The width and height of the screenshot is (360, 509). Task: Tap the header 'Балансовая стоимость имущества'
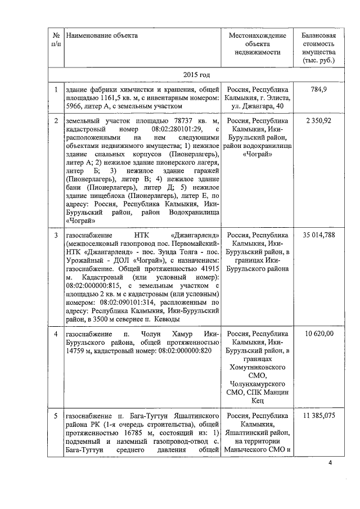point(318,47)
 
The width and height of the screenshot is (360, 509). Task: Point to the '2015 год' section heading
point(196,74)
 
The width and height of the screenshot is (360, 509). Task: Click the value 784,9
point(318,89)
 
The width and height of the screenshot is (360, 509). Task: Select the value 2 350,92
point(318,120)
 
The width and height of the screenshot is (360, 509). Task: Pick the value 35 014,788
point(318,235)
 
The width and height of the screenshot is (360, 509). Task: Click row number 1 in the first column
point(56,89)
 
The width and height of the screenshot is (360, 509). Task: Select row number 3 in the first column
point(56,235)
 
